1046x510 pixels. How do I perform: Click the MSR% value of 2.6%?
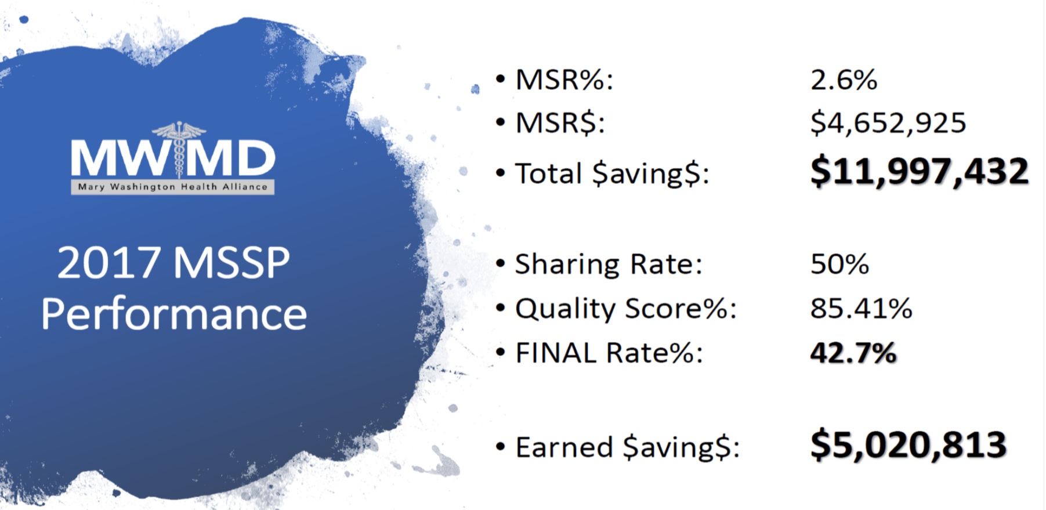(844, 80)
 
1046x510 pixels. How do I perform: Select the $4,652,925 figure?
(888, 123)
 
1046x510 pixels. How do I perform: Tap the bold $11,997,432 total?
(919, 172)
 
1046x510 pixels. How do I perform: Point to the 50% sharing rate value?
(839, 265)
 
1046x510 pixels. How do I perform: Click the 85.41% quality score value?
(861, 309)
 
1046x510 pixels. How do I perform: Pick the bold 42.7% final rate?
(853, 353)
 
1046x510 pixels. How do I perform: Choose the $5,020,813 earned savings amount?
(908, 445)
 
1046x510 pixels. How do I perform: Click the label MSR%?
(564, 80)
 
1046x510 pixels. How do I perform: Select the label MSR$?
(560, 123)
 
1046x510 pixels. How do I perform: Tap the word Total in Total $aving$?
(548, 173)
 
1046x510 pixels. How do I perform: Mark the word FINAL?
(556, 353)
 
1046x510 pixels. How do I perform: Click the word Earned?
(564, 447)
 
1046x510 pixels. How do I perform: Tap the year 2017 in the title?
(108, 263)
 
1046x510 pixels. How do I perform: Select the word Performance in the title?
(174, 314)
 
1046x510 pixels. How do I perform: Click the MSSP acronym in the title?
(231, 263)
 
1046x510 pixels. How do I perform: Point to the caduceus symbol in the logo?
(179, 149)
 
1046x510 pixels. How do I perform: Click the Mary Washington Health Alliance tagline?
(173, 187)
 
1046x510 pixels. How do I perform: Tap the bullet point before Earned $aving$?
(500, 447)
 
